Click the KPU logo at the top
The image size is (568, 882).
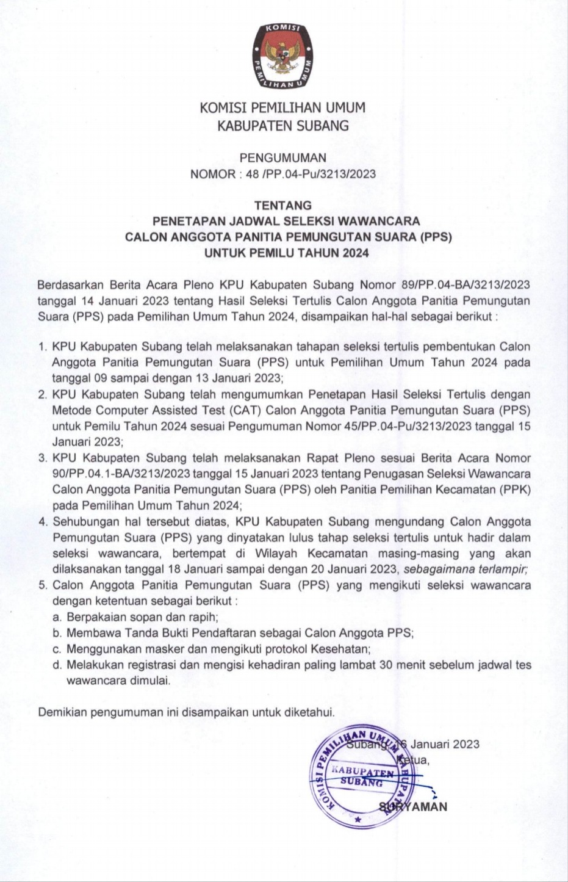click(x=283, y=56)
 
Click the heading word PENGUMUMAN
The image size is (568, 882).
click(x=283, y=157)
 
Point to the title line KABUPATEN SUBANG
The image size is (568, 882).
click(x=283, y=126)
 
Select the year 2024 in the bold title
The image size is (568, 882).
click(x=347, y=253)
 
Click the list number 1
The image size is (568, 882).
click(x=42, y=347)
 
